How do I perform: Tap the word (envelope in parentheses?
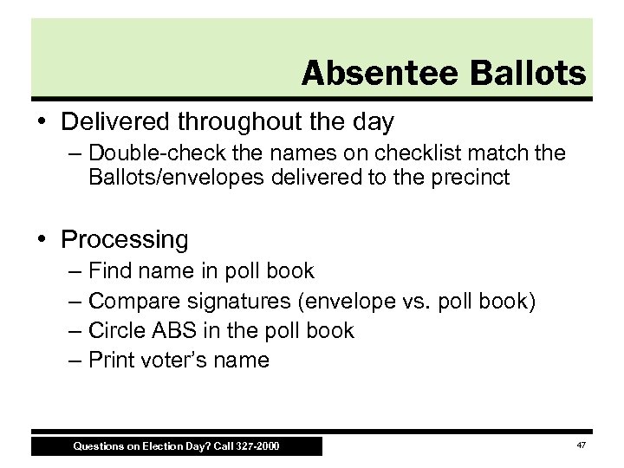click(x=335, y=301)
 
